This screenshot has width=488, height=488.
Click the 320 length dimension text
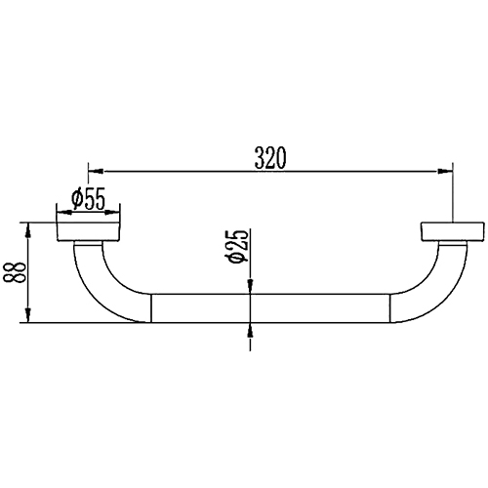point(270,158)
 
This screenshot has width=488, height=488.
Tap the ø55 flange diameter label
point(89,199)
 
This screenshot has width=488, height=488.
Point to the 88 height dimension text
point(15,272)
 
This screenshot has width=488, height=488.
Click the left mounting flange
point(89,232)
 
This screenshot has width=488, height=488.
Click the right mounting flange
point(453,232)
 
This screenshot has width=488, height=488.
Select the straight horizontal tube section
point(270,308)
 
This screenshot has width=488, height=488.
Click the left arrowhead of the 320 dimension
point(96,171)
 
